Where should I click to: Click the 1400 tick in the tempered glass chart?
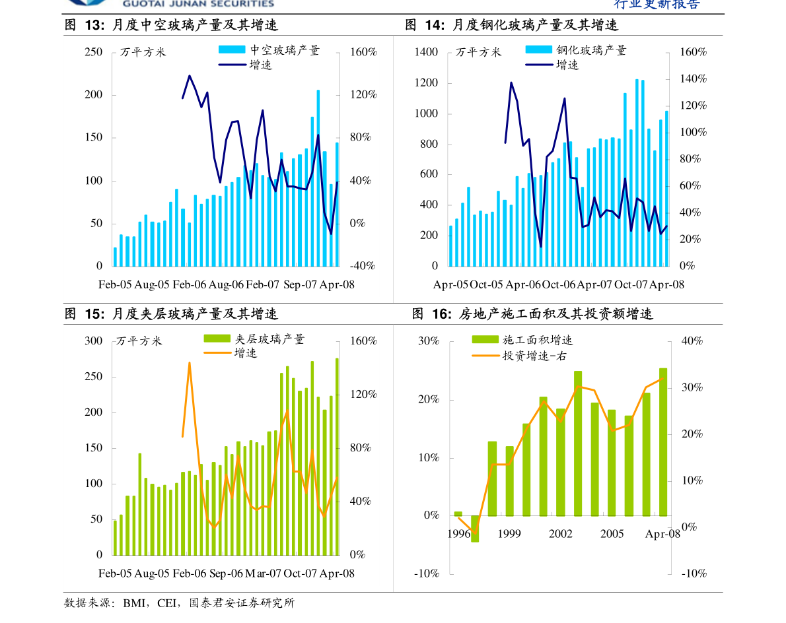tap(426, 52)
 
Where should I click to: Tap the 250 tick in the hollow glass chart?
tap(94, 52)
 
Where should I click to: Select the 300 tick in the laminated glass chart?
tap(94, 341)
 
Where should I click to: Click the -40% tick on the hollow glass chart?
tap(363, 266)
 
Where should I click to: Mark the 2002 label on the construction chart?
tap(560, 533)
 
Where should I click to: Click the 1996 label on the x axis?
tap(458, 533)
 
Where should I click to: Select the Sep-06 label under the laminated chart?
tap(226, 574)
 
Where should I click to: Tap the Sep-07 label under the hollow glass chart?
tap(300, 284)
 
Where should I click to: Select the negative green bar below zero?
tap(475, 529)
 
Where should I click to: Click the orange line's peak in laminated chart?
tap(189, 362)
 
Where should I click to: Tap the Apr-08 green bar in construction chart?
tap(662, 442)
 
